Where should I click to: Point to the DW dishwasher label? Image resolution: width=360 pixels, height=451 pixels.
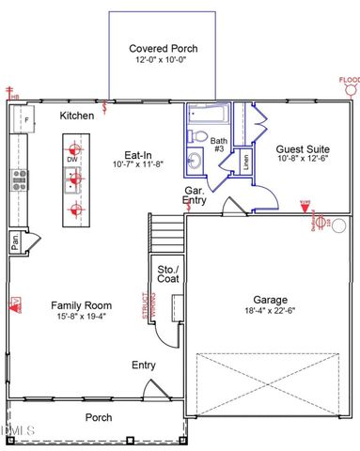72,160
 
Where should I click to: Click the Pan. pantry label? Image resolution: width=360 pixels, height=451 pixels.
16,241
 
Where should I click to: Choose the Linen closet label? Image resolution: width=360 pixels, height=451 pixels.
245,161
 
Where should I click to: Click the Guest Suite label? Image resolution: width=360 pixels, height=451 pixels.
302,148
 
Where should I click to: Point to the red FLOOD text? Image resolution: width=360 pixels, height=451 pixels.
350,79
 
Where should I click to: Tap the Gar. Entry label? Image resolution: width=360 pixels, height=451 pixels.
194,194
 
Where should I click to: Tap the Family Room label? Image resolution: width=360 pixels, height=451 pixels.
82,304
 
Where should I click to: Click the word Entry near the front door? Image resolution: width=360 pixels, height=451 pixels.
144,365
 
